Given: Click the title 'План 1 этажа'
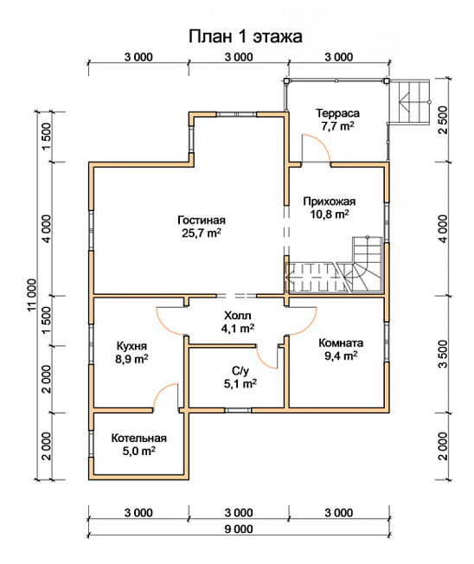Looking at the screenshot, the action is (246, 36).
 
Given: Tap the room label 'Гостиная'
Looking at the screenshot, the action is (202, 220).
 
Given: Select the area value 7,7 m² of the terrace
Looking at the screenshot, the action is (337, 126).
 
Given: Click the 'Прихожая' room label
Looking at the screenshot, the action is (329, 202).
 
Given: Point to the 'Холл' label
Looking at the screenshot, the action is (238, 316).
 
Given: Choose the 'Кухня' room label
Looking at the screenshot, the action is (131, 346).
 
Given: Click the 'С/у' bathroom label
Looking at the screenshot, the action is (240, 371).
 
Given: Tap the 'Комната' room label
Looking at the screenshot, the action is (341, 343).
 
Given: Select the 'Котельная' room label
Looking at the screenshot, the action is (138, 438).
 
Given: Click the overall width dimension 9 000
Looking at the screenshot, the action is (239, 529).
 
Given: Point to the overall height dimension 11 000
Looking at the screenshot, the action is (32, 295).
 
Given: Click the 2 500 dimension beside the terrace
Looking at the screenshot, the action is (444, 119).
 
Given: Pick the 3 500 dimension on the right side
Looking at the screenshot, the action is (444, 354).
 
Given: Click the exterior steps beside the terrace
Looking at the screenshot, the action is (410, 102).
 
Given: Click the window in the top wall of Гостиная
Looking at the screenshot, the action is (237, 114).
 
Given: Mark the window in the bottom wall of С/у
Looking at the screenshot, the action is (238, 410).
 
